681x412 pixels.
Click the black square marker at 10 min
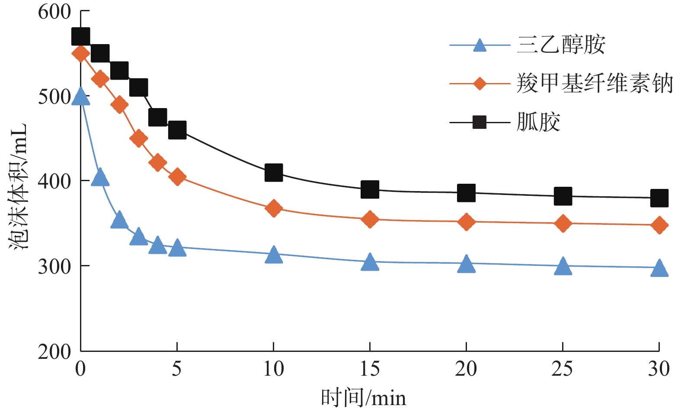[x=273, y=172]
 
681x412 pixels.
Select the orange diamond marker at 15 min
[x=370, y=219]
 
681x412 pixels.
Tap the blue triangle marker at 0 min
[x=81, y=97]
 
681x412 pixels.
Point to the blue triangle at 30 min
[x=659, y=268]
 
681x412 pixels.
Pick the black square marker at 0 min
[x=81, y=37]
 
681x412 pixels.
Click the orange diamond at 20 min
[x=466, y=222]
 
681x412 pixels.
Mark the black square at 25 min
[x=563, y=196]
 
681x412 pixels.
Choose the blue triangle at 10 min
[x=273, y=255]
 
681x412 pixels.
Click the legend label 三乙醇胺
[x=561, y=45]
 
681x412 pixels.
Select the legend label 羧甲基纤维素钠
[x=595, y=83]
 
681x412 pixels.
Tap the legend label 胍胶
[x=538, y=122]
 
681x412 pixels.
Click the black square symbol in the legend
[x=479, y=122]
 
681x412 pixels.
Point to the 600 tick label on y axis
[x=54, y=12]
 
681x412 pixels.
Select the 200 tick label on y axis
[x=54, y=351]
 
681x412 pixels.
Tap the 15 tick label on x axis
[x=370, y=369]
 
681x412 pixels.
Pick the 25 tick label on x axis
[x=563, y=369]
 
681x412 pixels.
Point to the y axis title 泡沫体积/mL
[x=18, y=186]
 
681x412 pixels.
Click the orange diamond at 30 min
[x=659, y=225]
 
